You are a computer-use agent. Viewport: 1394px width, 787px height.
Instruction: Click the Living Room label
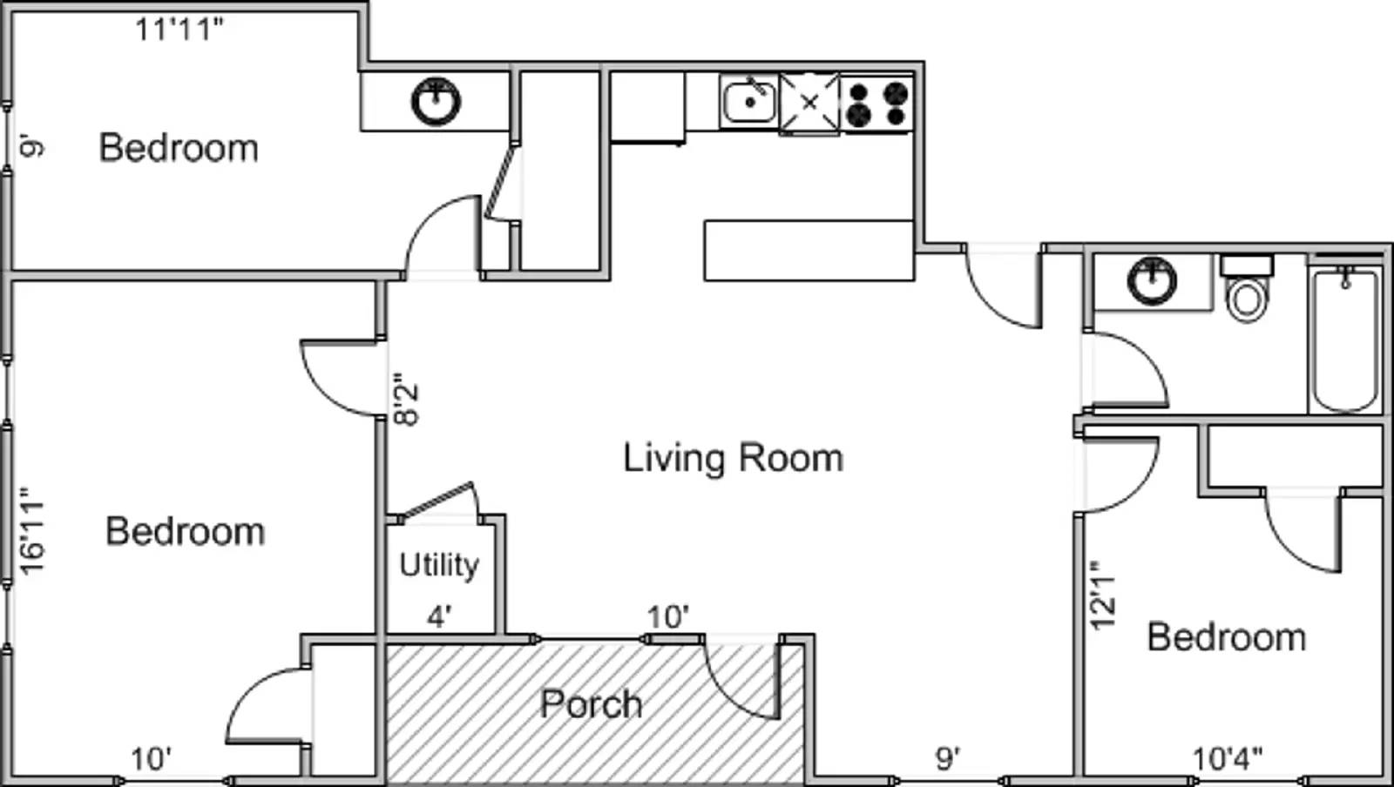pyautogui.click(x=733, y=459)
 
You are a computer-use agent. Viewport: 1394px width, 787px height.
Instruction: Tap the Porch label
pyautogui.click(x=592, y=704)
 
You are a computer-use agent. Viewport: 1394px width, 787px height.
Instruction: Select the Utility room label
pyautogui.click(x=439, y=566)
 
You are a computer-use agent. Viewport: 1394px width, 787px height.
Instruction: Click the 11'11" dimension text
pyautogui.click(x=179, y=29)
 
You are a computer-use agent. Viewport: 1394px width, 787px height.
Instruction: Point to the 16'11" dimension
pyautogui.click(x=31, y=531)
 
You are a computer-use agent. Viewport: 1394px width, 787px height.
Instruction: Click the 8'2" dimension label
pyautogui.click(x=406, y=399)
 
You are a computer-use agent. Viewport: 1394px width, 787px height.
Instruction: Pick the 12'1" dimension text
pyautogui.click(x=1102, y=595)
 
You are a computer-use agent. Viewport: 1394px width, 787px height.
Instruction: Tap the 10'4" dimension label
pyautogui.click(x=1228, y=759)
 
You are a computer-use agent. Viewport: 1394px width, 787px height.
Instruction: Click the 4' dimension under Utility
pyautogui.click(x=439, y=617)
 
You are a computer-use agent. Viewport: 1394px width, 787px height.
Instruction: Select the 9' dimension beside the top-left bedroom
pyautogui.click(x=31, y=146)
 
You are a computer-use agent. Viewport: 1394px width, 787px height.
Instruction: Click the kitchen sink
pyautogui.click(x=749, y=102)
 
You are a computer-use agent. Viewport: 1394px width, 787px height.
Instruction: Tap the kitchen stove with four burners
pyautogui.click(x=876, y=104)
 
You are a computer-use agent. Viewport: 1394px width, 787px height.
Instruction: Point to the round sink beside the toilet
pyautogui.click(x=1152, y=281)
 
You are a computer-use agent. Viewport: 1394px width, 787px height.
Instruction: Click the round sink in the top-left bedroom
pyautogui.click(x=436, y=101)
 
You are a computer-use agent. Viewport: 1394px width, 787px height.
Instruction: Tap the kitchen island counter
pyautogui.click(x=809, y=251)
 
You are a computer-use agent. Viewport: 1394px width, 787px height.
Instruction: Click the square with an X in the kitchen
pyautogui.click(x=809, y=104)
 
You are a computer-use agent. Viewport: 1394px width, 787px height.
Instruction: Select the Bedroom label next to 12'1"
pyautogui.click(x=1226, y=638)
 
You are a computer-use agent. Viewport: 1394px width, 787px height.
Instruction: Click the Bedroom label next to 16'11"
pyautogui.click(x=185, y=532)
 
